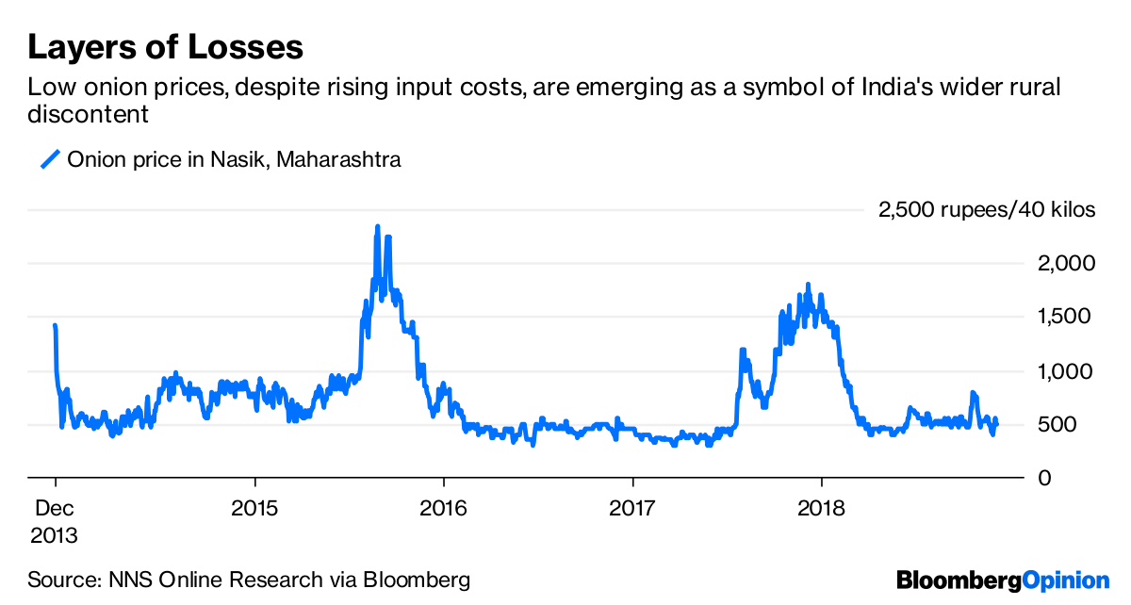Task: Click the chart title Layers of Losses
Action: pos(166,46)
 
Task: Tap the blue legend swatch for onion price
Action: pos(50,160)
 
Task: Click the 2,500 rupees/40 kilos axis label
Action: pos(987,209)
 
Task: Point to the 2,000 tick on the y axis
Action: pos(1062,263)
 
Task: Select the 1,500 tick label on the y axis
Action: pos(1062,317)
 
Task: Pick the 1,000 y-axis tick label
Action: pos(1062,371)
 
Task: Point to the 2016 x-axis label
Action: pos(443,509)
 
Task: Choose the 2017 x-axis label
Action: pos(633,509)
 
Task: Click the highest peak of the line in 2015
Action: pos(378,227)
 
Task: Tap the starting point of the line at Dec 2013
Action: pos(55,326)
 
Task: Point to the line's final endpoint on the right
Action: pos(996,420)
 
